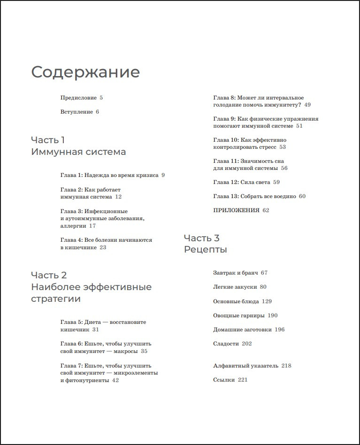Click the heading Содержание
[85, 72]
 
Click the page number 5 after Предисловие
[101, 98]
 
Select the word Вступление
[77, 112]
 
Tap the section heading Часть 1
[48, 140]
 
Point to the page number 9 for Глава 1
[163, 175]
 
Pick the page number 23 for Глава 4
[103, 247]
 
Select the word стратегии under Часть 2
[56, 299]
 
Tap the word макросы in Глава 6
[126, 351]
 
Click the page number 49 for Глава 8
[307, 105]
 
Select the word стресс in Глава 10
[265, 147]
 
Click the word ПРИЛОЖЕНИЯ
[236, 210]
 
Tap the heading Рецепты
[205, 250]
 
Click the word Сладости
[226, 344]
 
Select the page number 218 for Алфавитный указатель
[286, 366]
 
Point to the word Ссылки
[223, 380]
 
